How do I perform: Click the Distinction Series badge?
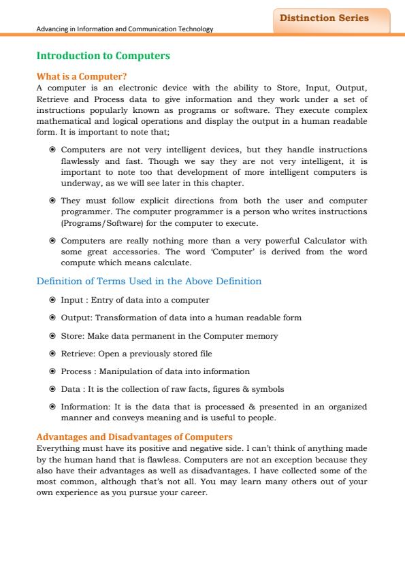[x=330, y=19]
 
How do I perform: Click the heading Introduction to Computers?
[x=102, y=54]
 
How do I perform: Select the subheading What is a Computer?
[x=82, y=77]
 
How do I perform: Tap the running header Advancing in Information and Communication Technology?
[x=125, y=29]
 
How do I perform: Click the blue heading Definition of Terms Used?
[x=148, y=281]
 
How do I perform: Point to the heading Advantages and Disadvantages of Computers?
[x=134, y=436]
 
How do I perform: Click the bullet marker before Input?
[x=52, y=300]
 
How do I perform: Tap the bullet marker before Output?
[x=52, y=318]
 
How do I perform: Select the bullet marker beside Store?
[x=52, y=336]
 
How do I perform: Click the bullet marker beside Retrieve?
[x=52, y=354]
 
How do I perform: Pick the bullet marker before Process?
[x=52, y=371]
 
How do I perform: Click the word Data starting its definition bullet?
[x=71, y=389]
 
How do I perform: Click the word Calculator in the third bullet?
[x=324, y=240]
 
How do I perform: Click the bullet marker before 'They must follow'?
[x=52, y=201]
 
